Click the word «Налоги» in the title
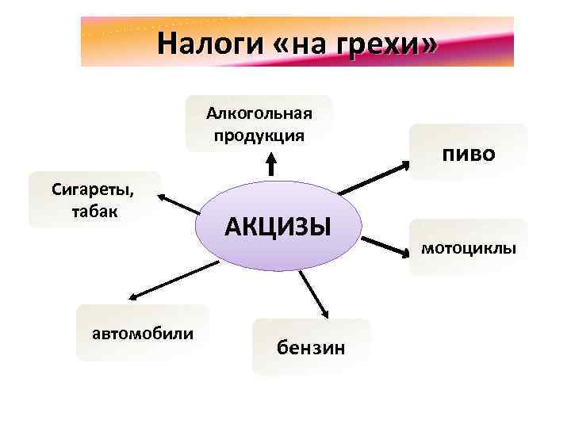pos(199,42)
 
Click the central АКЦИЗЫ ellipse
pos(277,227)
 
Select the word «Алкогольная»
pos(259,113)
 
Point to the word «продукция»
pos(259,135)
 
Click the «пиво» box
pos(468,152)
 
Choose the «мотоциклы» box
pos(468,248)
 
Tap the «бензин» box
pos(310,347)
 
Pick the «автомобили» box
pos(143,332)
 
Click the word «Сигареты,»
pos(93,189)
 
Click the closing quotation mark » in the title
pos(428,44)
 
